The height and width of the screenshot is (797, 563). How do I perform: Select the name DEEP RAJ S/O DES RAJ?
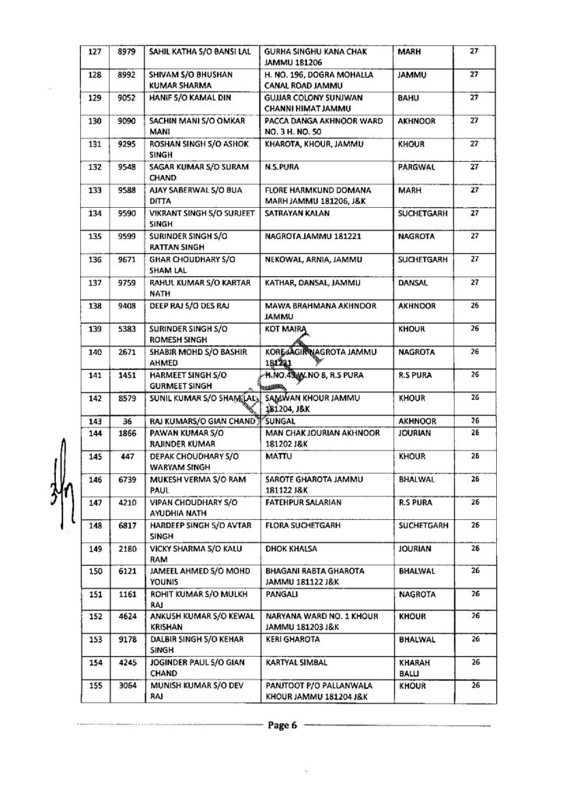pos(187,297)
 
